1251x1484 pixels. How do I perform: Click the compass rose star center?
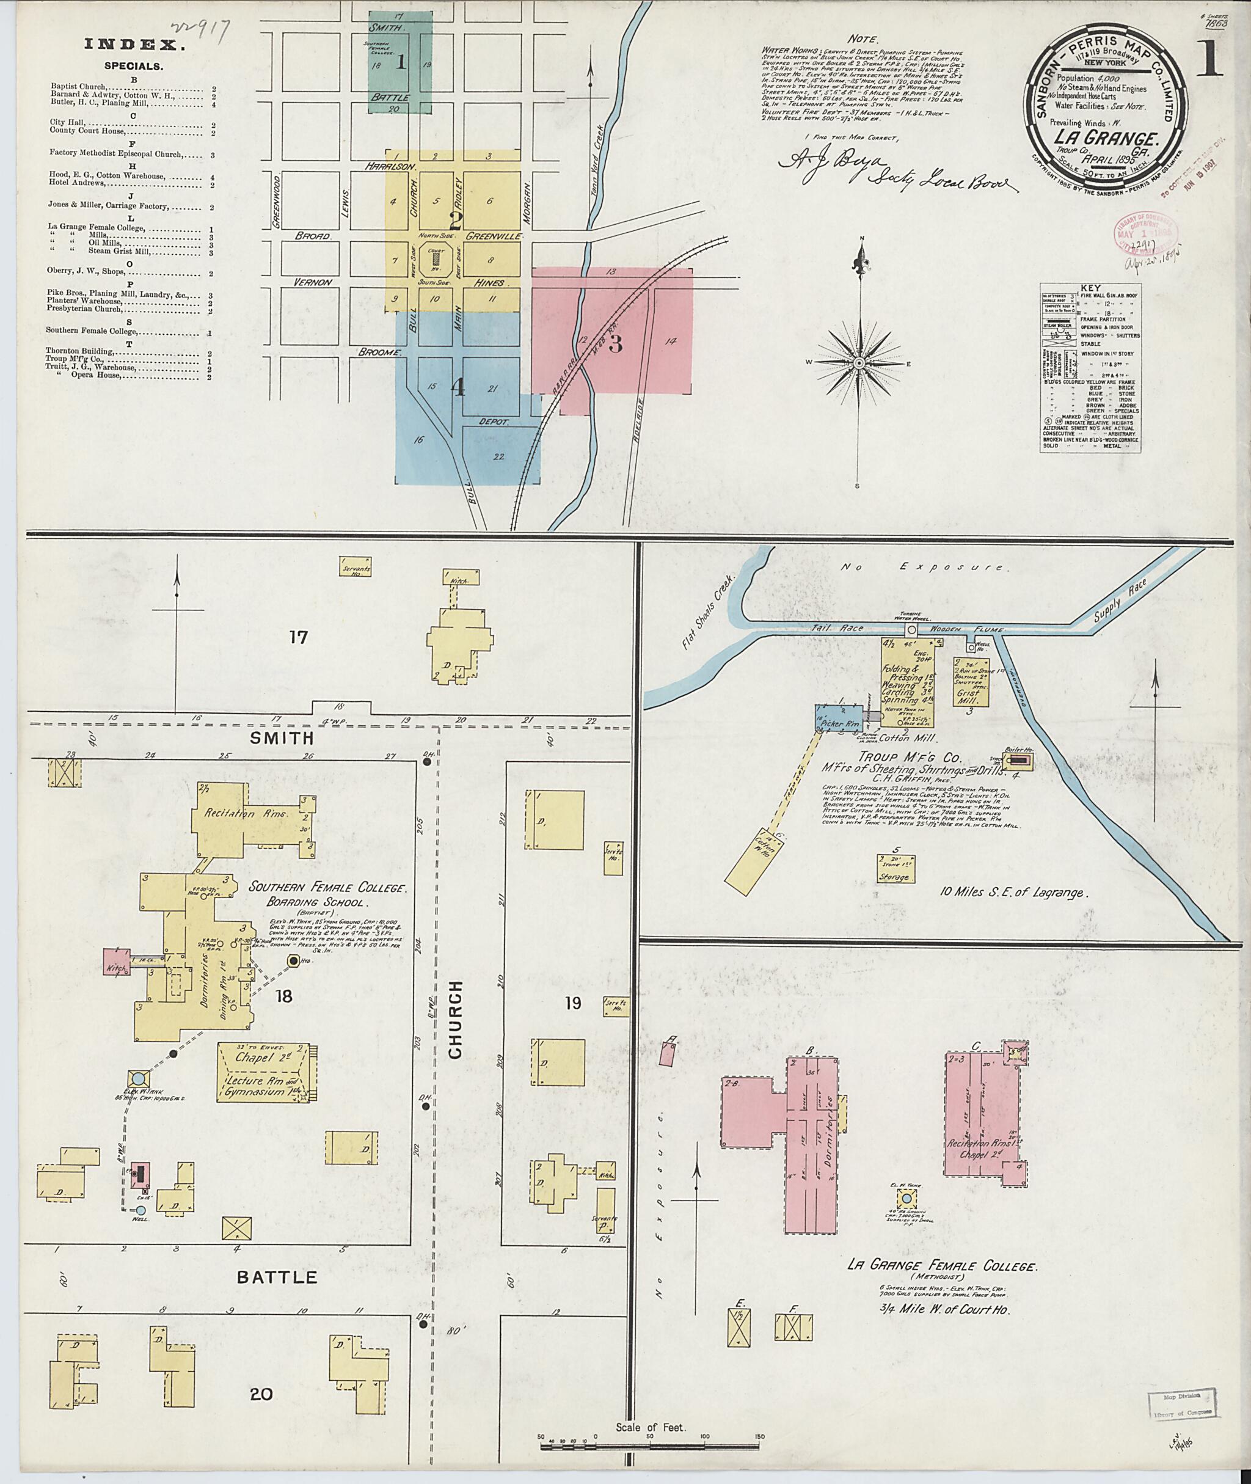858,362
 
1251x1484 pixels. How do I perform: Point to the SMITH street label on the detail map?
282,739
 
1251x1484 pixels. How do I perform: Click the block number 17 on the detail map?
299,637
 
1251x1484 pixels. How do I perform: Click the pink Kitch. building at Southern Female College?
115,963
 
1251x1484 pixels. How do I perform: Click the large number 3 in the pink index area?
615,344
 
